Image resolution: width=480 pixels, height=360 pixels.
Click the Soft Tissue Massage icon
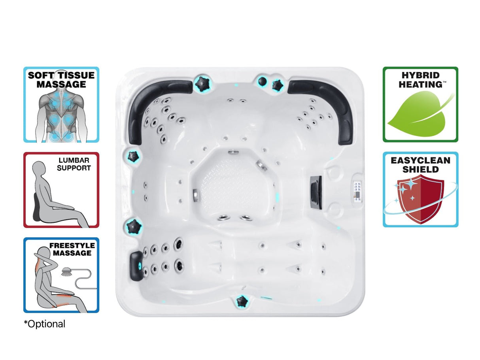click(x=61, y=104)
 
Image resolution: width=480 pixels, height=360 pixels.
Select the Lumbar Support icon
click(x=61, y=190)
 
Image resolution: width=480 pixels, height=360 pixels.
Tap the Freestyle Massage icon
click(x=61, y=275)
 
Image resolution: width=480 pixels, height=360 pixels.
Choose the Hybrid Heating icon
click(x=420, y=104)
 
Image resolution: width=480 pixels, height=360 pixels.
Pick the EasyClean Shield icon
click(x=420, y=189)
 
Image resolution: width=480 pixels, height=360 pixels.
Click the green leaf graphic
click(x=419, y=115)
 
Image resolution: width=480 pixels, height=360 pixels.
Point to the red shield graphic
click(x=420, y=200)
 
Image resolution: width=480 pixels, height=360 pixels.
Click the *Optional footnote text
click(x=45, y=324)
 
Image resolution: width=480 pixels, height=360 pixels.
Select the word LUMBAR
click(x=74, y=160)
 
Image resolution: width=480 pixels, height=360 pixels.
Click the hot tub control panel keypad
click(x=357, y=192)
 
